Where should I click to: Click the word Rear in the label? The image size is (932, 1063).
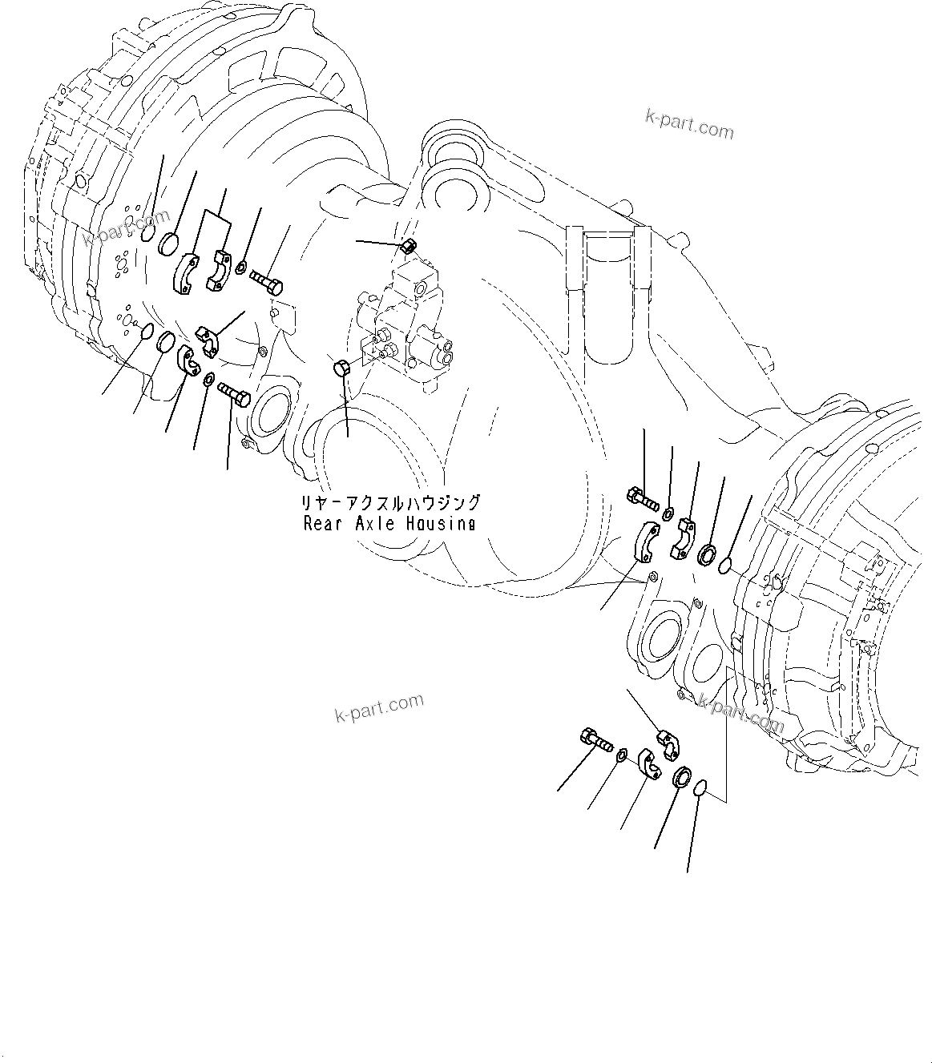[x=320, y=524]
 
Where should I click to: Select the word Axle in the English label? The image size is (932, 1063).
[x=370, y=524]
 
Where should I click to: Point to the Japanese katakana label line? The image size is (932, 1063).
[x=390, y=504]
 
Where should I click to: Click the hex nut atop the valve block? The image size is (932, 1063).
[x=407, y=246]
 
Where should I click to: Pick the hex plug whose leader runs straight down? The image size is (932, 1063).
[x=340, y=368]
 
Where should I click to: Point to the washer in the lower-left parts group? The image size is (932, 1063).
[x=208, y=379]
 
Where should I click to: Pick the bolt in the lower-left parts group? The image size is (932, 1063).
[x=233, y=393]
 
